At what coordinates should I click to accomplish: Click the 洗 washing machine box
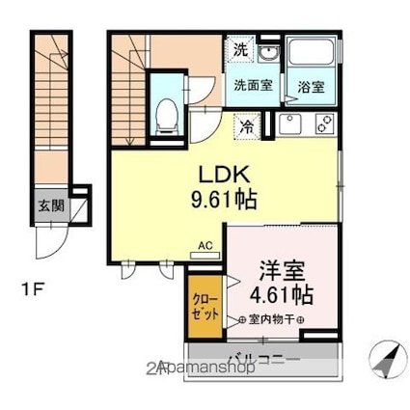click(238, 49)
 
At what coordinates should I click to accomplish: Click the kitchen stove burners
click(321, 123)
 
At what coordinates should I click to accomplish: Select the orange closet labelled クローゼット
click(203, 308)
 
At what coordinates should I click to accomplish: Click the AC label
click(204, 245)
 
